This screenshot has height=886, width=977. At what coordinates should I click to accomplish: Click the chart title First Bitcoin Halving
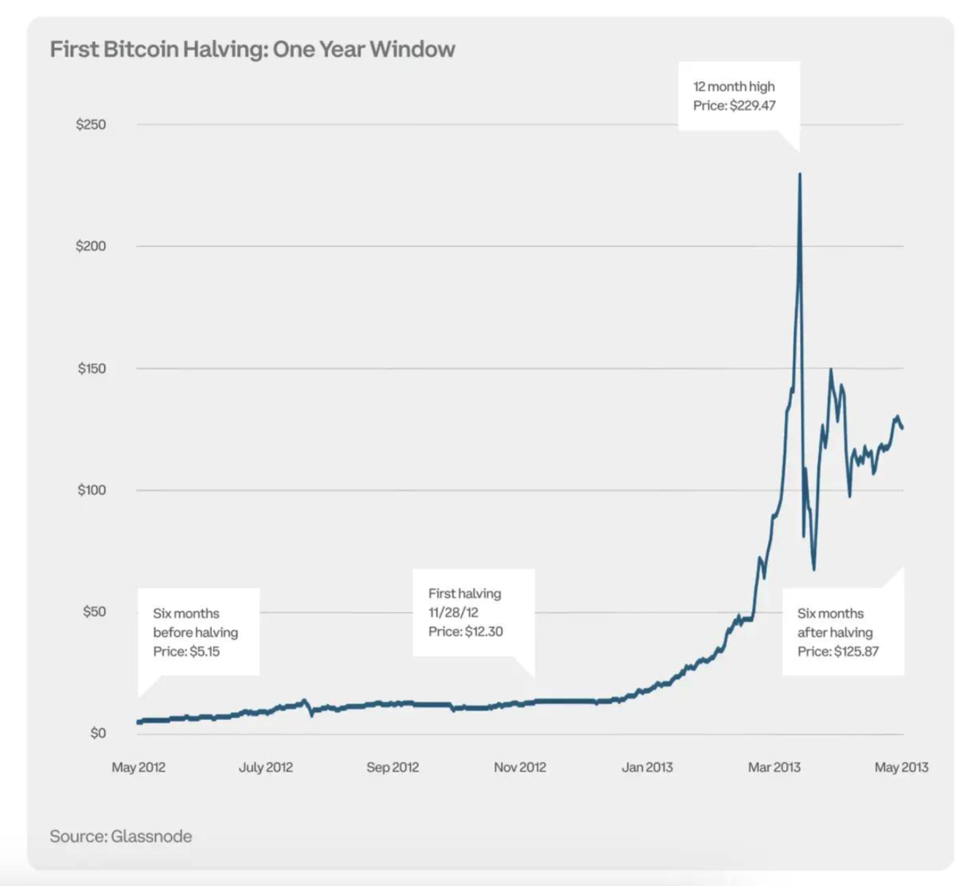coord(252,50)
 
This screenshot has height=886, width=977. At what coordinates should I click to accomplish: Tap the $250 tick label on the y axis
coord(91,125)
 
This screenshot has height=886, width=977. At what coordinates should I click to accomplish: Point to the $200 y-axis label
coord(91,246)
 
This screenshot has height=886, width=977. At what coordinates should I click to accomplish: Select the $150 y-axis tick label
coord(91,368)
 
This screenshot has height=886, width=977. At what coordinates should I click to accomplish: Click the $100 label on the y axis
coord(91,491)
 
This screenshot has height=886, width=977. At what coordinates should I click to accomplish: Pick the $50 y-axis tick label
coord(94,612)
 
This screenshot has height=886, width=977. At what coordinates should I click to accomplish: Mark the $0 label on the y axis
coord(98,733)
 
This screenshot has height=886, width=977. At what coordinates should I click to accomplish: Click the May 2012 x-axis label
coord(138,768)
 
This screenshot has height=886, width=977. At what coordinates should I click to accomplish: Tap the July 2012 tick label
coord(265,768)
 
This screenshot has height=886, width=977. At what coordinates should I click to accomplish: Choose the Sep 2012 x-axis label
coord(393,768)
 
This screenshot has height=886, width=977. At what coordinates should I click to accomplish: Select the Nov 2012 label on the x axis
coord(520,768)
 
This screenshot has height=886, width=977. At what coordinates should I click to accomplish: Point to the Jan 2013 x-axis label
coord(647,768)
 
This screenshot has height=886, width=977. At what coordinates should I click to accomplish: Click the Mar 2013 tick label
coord(774,768)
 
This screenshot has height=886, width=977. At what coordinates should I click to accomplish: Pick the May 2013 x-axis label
coord(901,768)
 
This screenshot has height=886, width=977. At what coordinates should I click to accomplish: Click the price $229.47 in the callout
coord(752,106)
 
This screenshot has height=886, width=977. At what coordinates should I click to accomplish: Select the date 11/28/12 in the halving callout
coord(453,613)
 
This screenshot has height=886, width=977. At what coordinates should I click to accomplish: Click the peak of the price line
coord(799,174)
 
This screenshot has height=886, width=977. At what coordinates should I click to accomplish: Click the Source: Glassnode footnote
coord(121,837)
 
